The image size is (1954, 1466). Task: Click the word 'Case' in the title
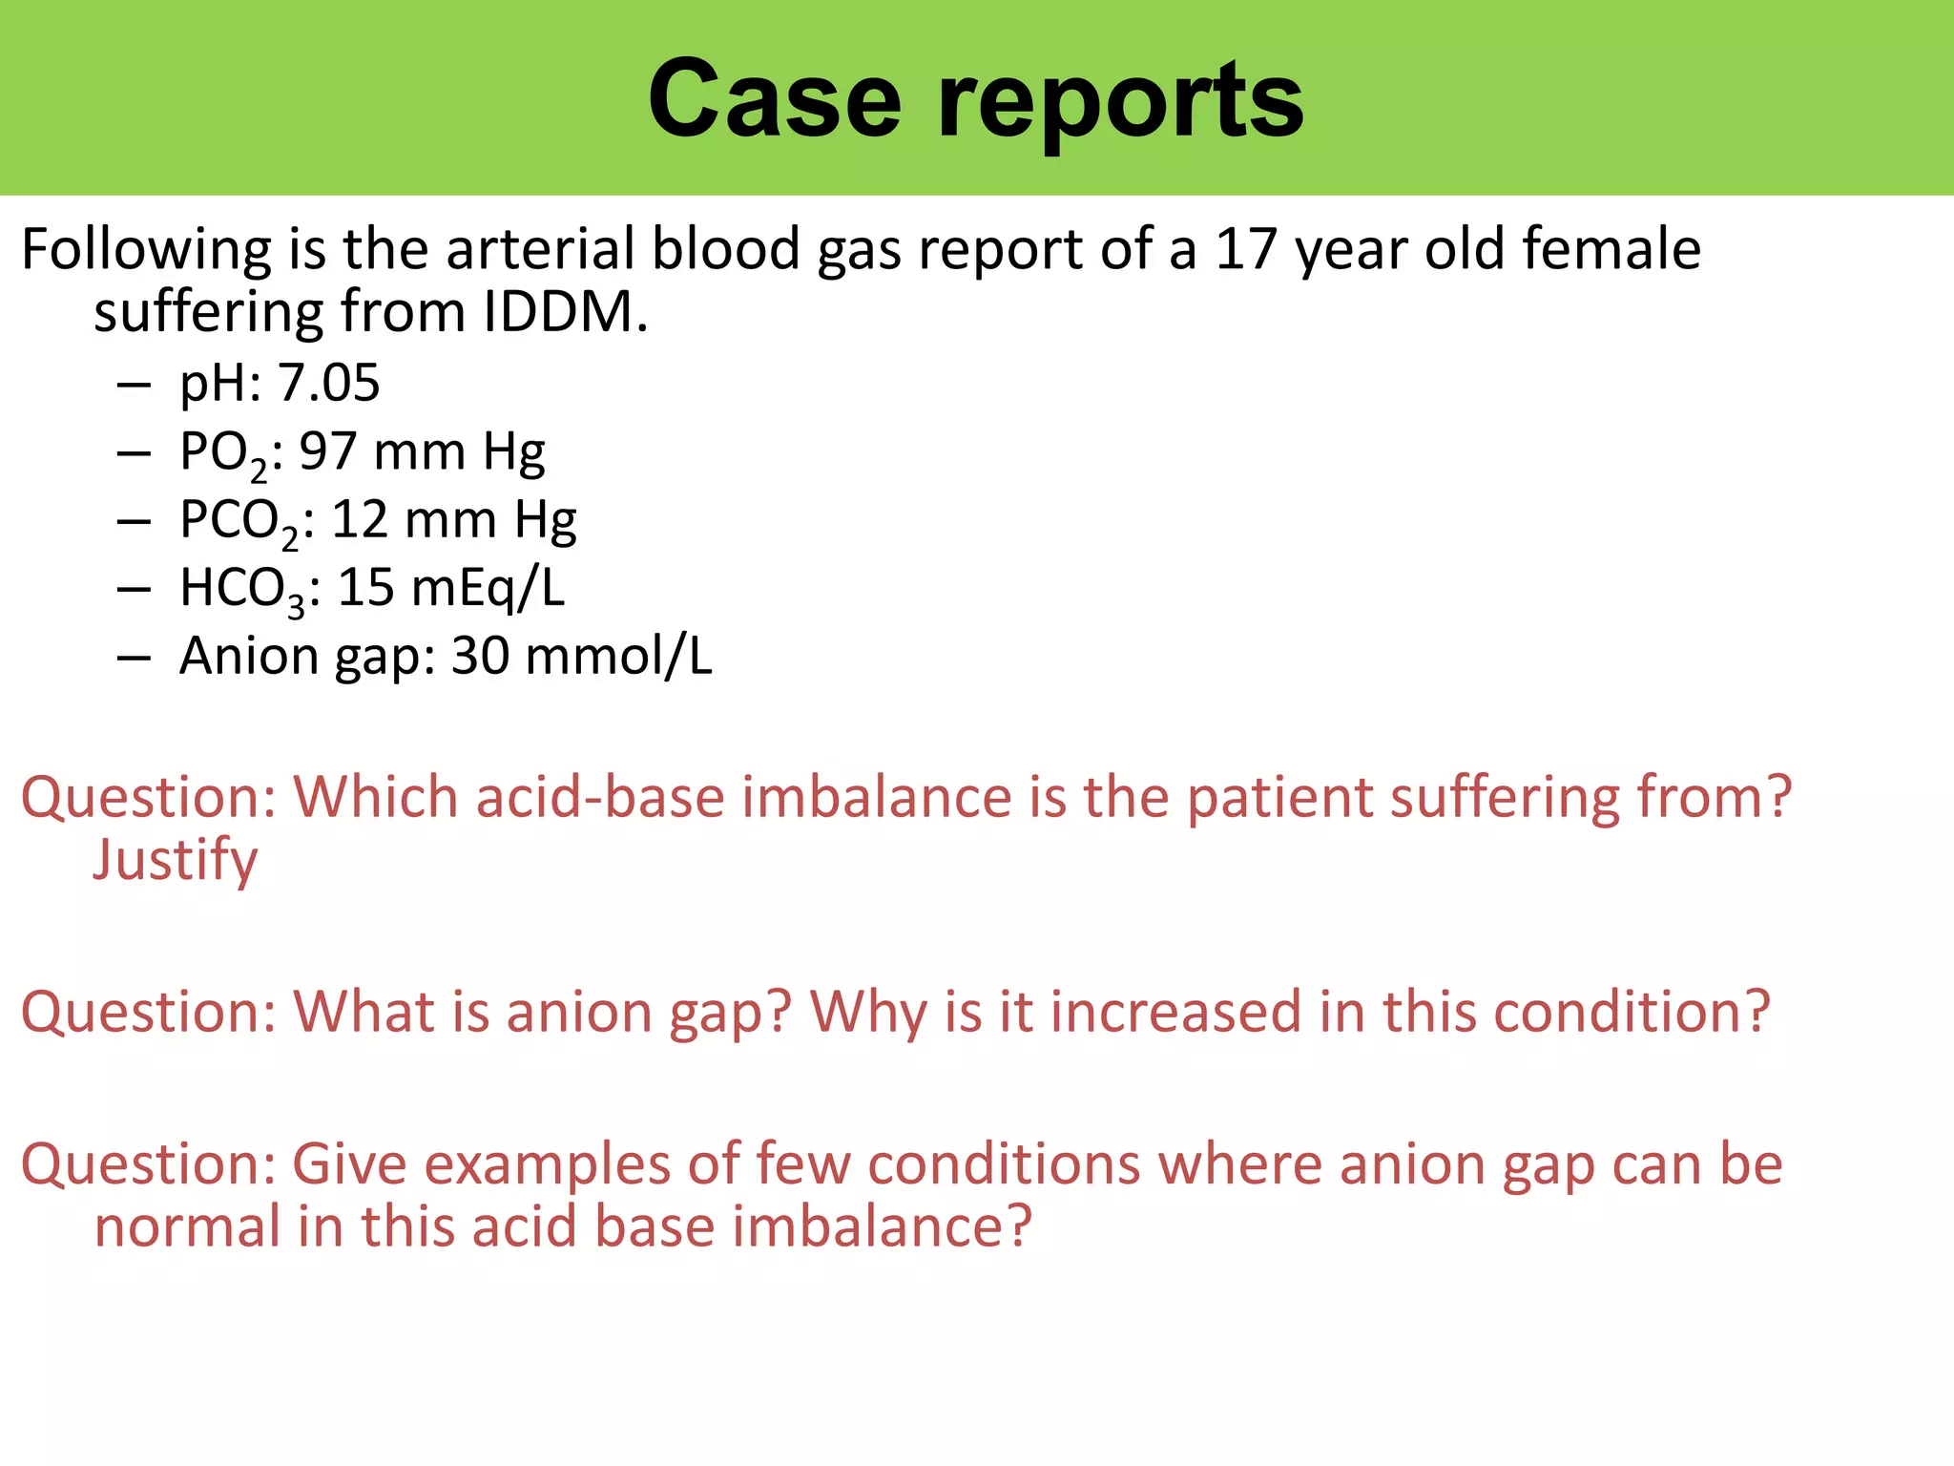[774, 98]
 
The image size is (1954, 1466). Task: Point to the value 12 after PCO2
[360, 520]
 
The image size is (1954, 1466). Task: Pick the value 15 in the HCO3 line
[365, 587]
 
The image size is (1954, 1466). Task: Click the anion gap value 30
[480, 657]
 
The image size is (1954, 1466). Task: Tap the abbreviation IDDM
[565, 312]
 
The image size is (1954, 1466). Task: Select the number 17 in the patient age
[1245, 249]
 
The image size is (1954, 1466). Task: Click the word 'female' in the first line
[1611, 249]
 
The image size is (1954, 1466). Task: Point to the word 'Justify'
[176, 861]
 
